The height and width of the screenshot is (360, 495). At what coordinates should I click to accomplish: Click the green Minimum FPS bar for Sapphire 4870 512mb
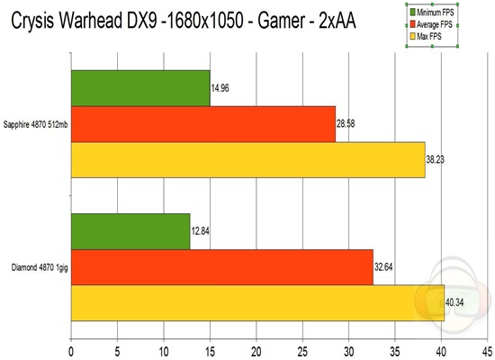tap(139, 88)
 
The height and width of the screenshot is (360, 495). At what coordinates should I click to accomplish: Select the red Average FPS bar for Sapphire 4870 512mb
tap(202, 124)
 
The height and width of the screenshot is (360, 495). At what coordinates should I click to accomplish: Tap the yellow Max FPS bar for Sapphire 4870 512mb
tap(247, 159)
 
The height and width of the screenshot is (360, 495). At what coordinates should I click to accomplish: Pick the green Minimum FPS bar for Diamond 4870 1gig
tap(130, 231)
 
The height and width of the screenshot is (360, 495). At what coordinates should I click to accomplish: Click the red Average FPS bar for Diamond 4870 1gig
tap(221, 267)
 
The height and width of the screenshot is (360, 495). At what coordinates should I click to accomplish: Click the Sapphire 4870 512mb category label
tap(35, 124)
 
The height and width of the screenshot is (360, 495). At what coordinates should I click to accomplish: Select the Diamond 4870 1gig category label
tap(36, 267)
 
